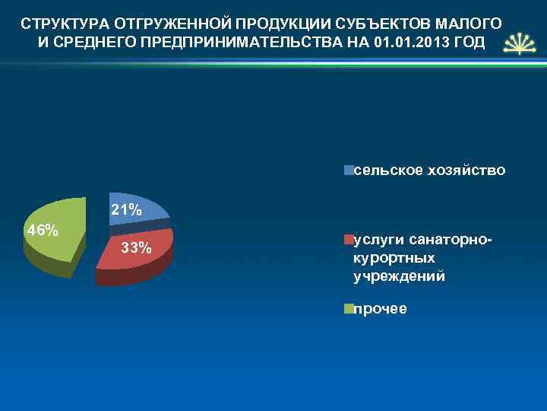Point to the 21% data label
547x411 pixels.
pyautogui.click(x=126, y=209)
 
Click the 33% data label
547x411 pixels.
pyautogui.click(x=137, y=248)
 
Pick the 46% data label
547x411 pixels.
pyautogui.click(x=43, y=231)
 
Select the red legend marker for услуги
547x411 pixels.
pyautogui.click(x=348, y=241)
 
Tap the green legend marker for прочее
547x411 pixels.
pyautogui.click(x=348, y=309)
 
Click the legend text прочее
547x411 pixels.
pyautogui.click(x=380, y=309)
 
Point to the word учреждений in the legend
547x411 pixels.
pyautogui.click(x=399, y=276)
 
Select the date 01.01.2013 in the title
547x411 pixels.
pyautogui.click(x=413, y=40)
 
